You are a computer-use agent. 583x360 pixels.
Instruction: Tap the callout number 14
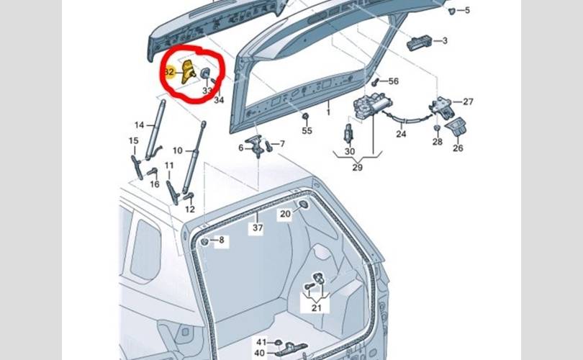pyautogui.click(x=140, y=125)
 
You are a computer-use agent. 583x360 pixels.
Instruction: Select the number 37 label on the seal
pyautogui.click(x=258, y=228)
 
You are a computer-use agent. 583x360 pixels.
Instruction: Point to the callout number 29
pyautogui.click(x=357, y=167)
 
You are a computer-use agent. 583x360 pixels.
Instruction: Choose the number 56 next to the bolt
pyautogui.click(x=394, y=81)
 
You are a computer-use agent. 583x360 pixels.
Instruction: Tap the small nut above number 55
pyautogui.click(x=306, y=117)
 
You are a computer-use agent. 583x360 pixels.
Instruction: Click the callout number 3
pyautogui.click(x=445, y=40)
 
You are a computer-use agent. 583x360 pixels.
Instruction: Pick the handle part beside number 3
pyautogui.click(x=420, y=42)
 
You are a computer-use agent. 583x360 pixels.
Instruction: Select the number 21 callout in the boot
pyautogui.click(x=317, y=308)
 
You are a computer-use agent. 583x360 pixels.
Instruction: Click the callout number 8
pyautogui.click(x=222, y=240)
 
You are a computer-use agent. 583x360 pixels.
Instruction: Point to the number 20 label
pyautogui.click(x=285, y=214)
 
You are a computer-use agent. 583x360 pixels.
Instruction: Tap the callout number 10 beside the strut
pyautogui.click(x=178, y=150)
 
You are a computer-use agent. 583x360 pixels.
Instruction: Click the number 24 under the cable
pyautogui.click(x=401, y=133)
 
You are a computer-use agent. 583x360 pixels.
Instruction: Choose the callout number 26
pyautogui.click(x=458, y=148)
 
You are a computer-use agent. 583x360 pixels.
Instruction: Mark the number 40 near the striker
pyautogui.click(x=260, y=353)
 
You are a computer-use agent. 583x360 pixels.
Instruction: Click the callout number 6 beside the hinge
pyautogui.click(x=241, y=148)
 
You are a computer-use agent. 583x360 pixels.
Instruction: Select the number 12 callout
pyautogui.click(x=190, y=210)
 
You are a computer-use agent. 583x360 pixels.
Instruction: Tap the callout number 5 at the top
pyautogui.click(x=467, y=10)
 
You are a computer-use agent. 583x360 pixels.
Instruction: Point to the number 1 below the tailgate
pyautogui.click(x=328, y=112)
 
